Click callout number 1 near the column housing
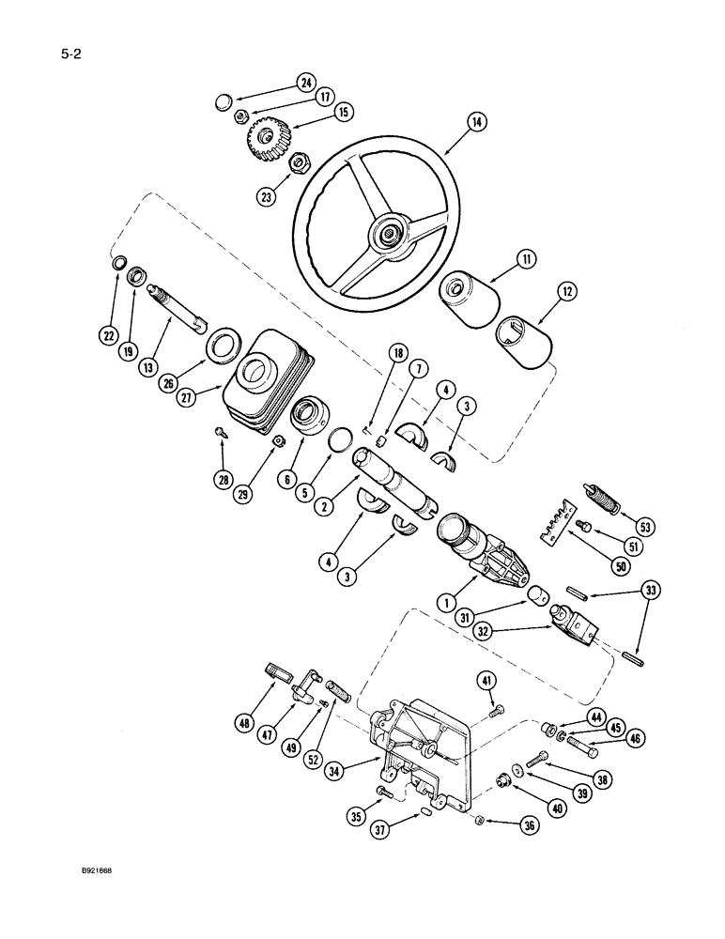coord(446,602)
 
